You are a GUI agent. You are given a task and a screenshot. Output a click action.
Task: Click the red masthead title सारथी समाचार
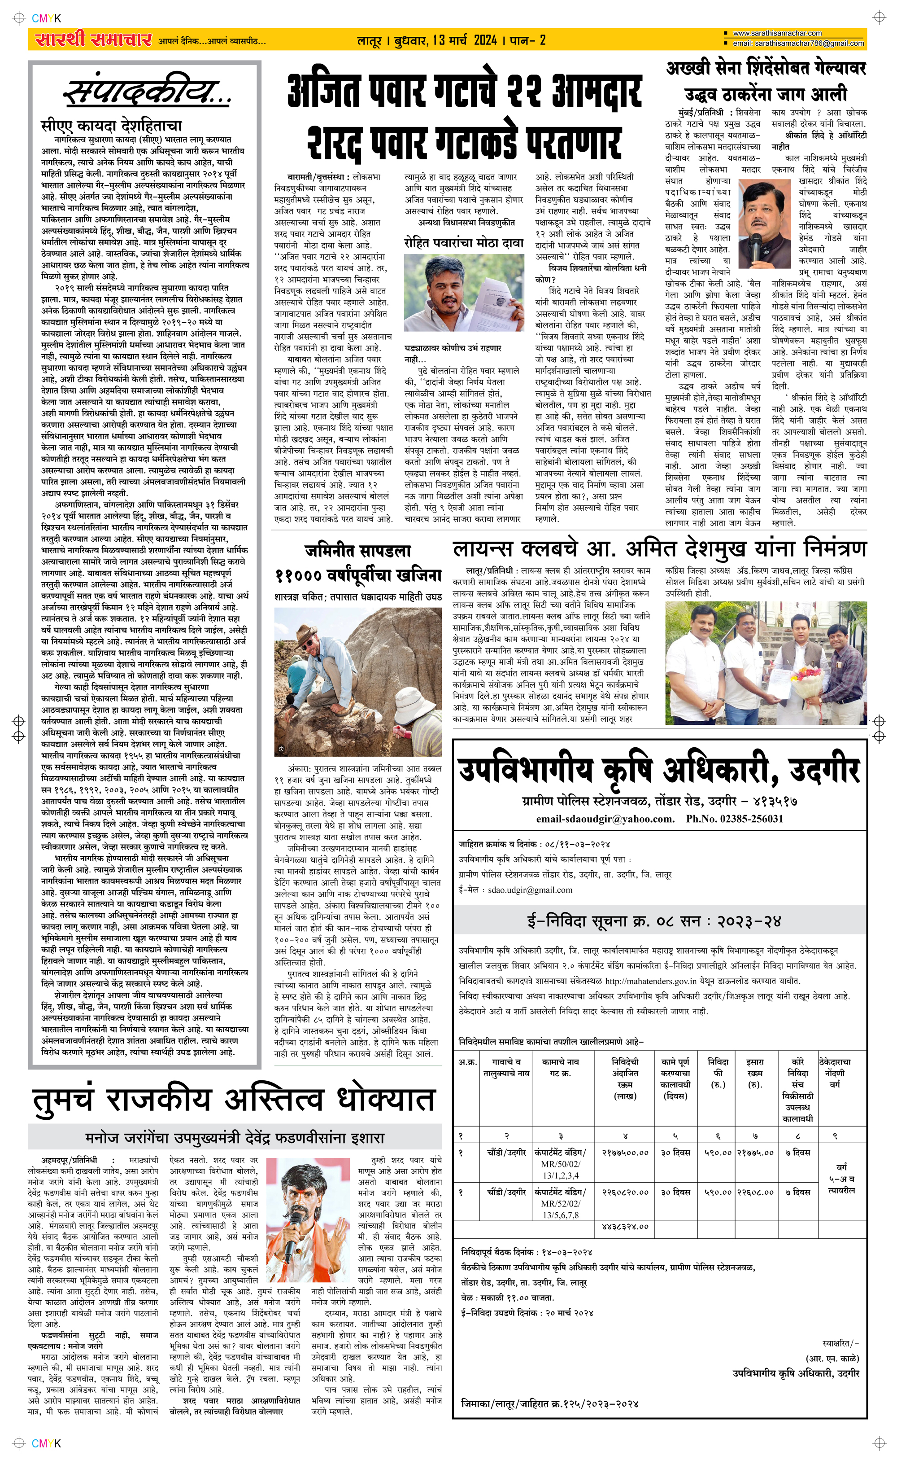pos(94,40)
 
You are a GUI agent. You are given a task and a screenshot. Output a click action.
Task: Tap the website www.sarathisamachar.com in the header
pos(777,33)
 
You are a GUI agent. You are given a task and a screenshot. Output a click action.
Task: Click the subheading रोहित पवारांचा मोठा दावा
pos(464,243)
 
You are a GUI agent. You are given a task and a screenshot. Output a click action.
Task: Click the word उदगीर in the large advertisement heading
pos(825,770)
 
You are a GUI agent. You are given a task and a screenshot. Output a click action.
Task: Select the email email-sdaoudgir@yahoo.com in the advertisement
pos(605,819)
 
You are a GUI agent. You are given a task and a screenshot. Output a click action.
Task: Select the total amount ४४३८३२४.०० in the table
pos(625,1226)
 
